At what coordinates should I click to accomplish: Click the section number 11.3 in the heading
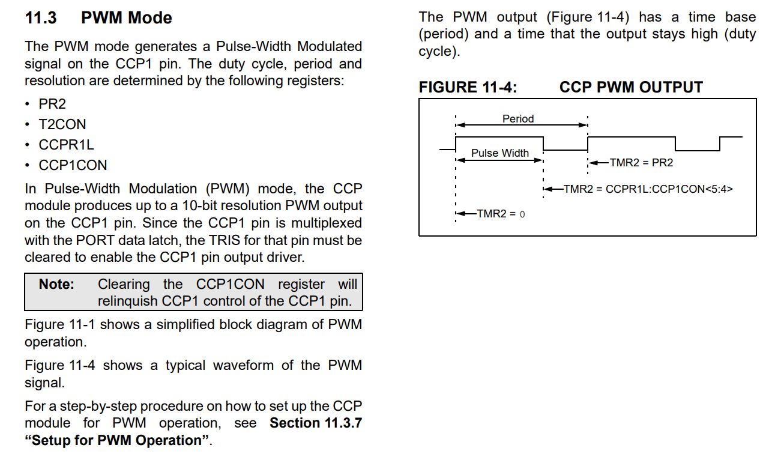pos(41,18)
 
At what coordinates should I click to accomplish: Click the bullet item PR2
pos(52,104)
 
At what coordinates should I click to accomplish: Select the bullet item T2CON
pos(62,124)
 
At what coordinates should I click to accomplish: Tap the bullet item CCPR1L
pos(66,145)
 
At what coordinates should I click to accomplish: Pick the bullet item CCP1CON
pos(73,165)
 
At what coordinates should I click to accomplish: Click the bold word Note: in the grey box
pos(56,284)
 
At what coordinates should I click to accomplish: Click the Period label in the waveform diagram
pos(518,119)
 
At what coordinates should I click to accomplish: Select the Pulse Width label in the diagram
pos(499,153)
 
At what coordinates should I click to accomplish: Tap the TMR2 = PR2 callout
pos(641,163)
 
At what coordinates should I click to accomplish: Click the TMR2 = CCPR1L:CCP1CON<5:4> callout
pos(648,189)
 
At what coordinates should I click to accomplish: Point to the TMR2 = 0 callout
pos(501,214)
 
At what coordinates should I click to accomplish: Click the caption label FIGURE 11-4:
pos(468,87)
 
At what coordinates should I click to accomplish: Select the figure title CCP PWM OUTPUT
pos(630,87)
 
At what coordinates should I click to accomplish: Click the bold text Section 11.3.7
pos(316,423)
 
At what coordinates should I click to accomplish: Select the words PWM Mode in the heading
pos(126,18)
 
